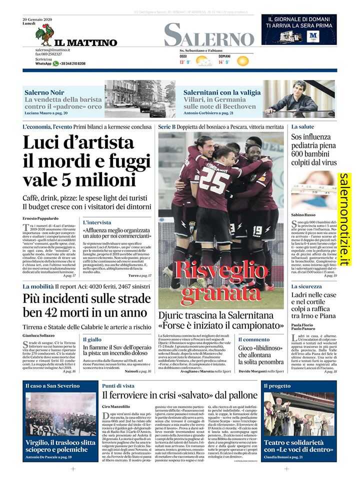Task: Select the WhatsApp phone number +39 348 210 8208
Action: tap(72, 63)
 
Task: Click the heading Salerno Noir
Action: tap(44, 92)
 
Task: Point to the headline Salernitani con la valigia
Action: tap(222, 92)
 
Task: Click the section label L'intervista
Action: tap(97, 222)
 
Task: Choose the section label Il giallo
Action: tap(92, 339)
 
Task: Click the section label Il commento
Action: tap(239, 339)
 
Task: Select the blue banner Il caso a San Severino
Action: tap(52, 386)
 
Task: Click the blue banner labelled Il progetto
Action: tap(277, 386)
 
